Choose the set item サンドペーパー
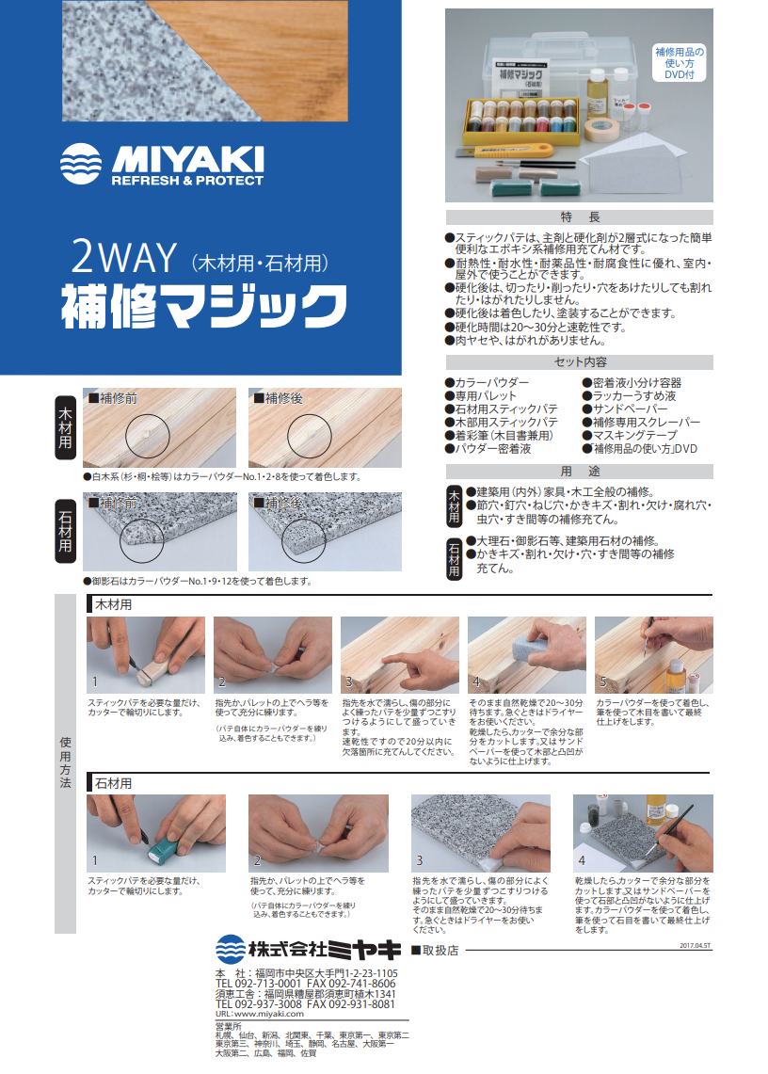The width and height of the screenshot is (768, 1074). coord(629,409)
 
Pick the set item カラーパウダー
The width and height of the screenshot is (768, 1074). coord(490,383)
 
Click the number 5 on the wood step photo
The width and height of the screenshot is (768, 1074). coord(602,681)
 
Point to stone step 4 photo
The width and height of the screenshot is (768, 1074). coord(643,832)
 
